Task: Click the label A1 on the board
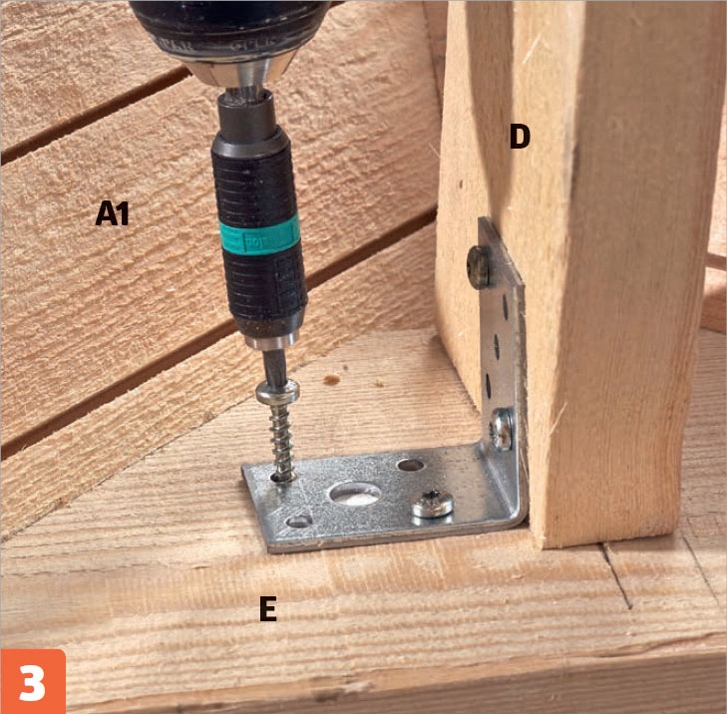point(112,213)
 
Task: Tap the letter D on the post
point(520,137)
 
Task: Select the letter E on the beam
point(268,608)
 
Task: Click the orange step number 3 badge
point(33,681)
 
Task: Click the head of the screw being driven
point(278,392)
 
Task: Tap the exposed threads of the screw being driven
point(281,441)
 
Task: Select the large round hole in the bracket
point(355,494)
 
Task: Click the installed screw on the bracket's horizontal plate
point(432,504)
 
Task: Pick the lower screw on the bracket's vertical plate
point(502,429)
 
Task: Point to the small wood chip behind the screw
point(331,380)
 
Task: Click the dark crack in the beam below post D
point(615,575)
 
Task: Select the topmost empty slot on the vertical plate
point(505,306)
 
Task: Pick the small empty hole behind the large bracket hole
point(410,465)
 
